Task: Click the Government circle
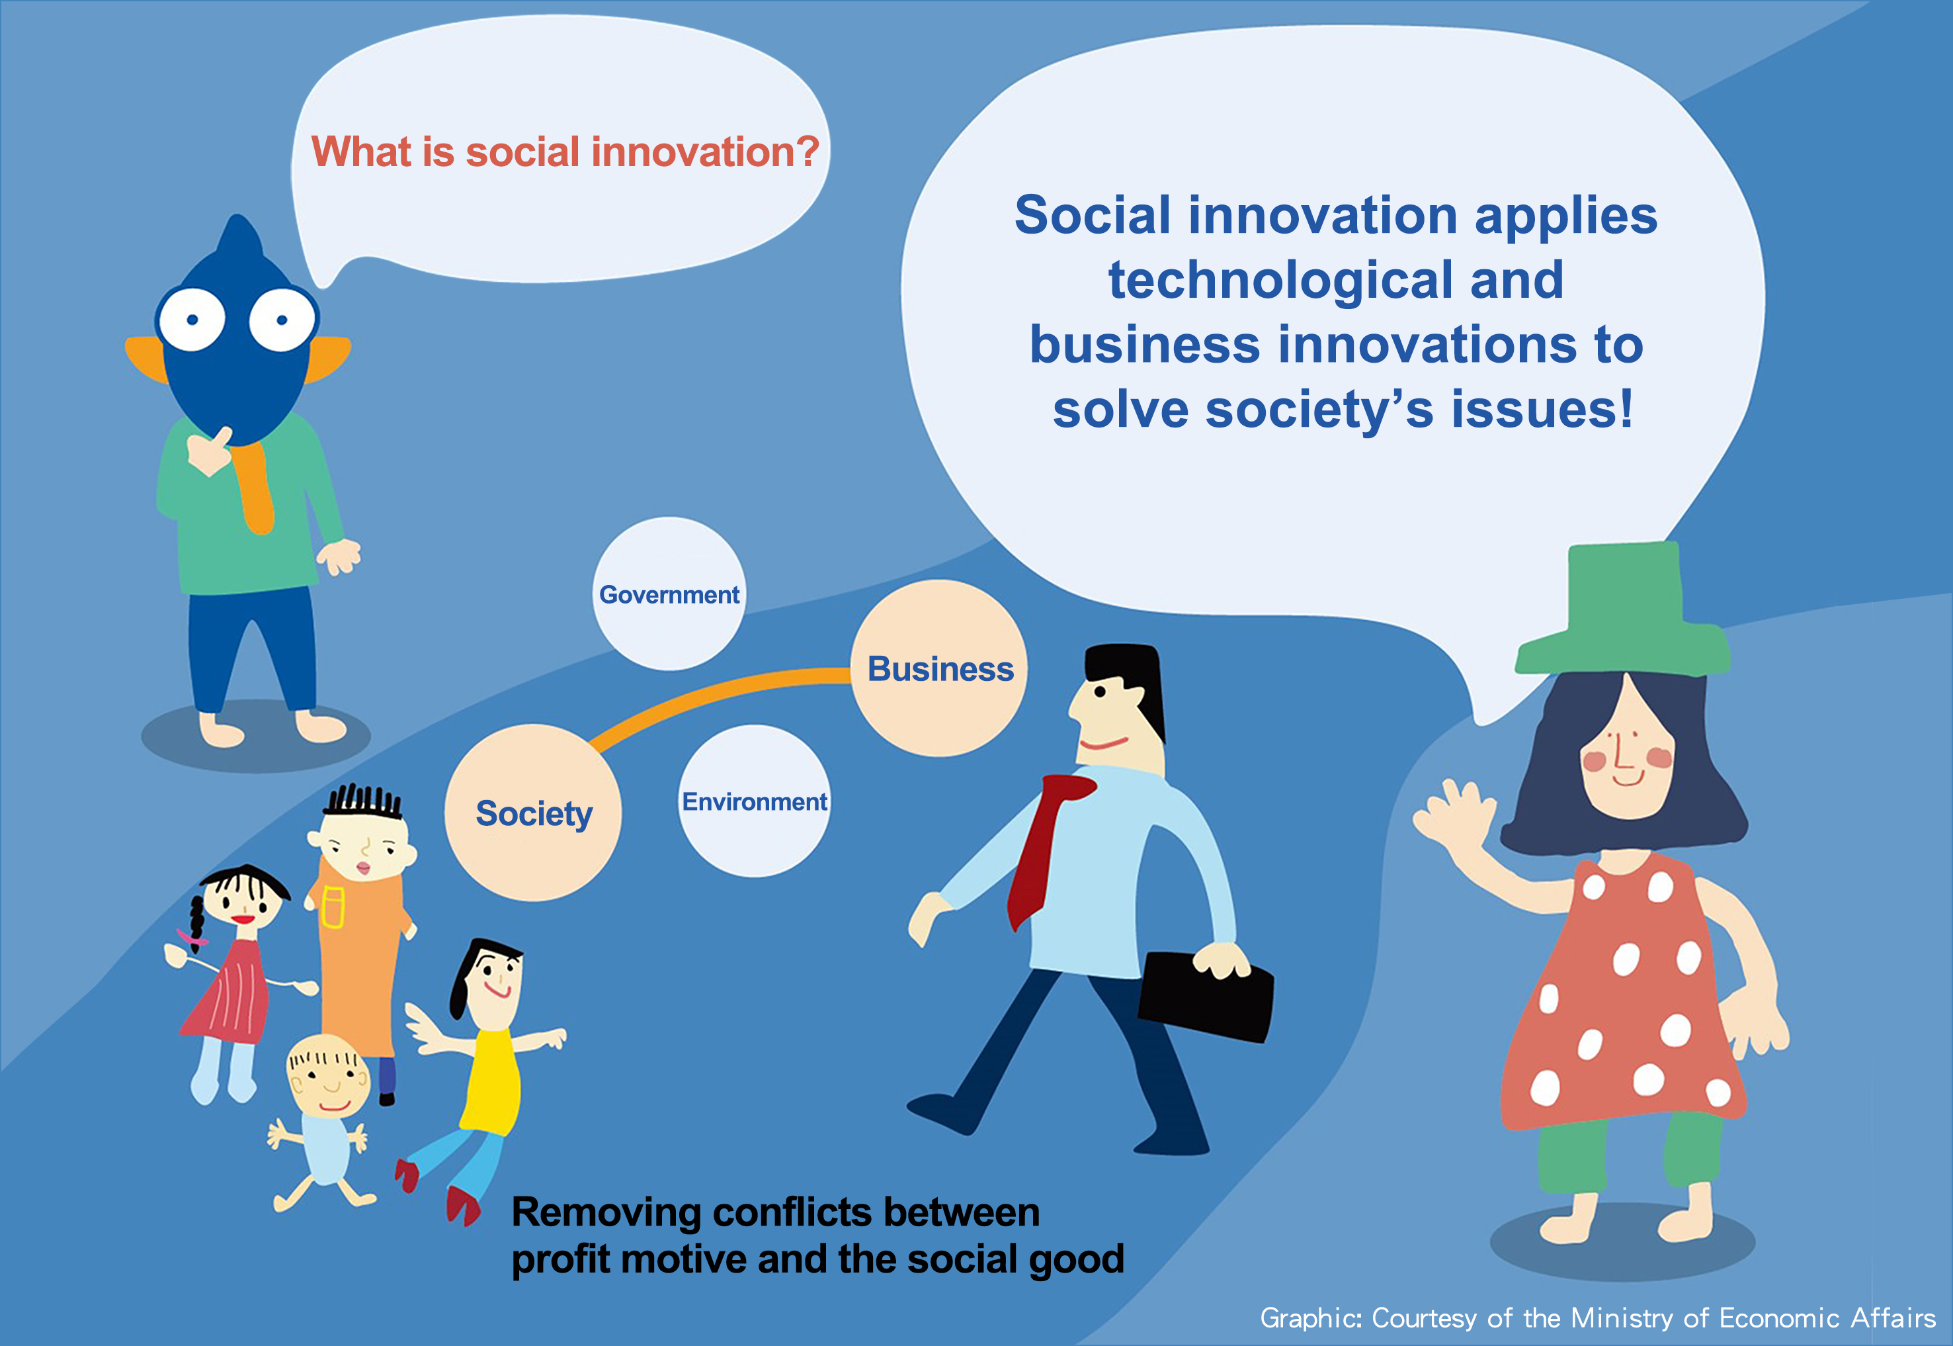pyautogui.click(x=669, y=594)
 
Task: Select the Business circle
pyautogui.click(x=939, y=668)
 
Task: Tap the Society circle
pyautogui.click(x=532, y=813)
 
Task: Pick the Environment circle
pyautogui.click(x=755, y=801)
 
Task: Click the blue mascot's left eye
pyautogui.click(x=192, y=319)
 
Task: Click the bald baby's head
pyautogui.click(x=329, y=1075)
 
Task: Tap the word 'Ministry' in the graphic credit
pyautogui.click(x=1620, y=1318)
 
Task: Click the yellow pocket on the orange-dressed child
pyautogui.click(x=334, y=907)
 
